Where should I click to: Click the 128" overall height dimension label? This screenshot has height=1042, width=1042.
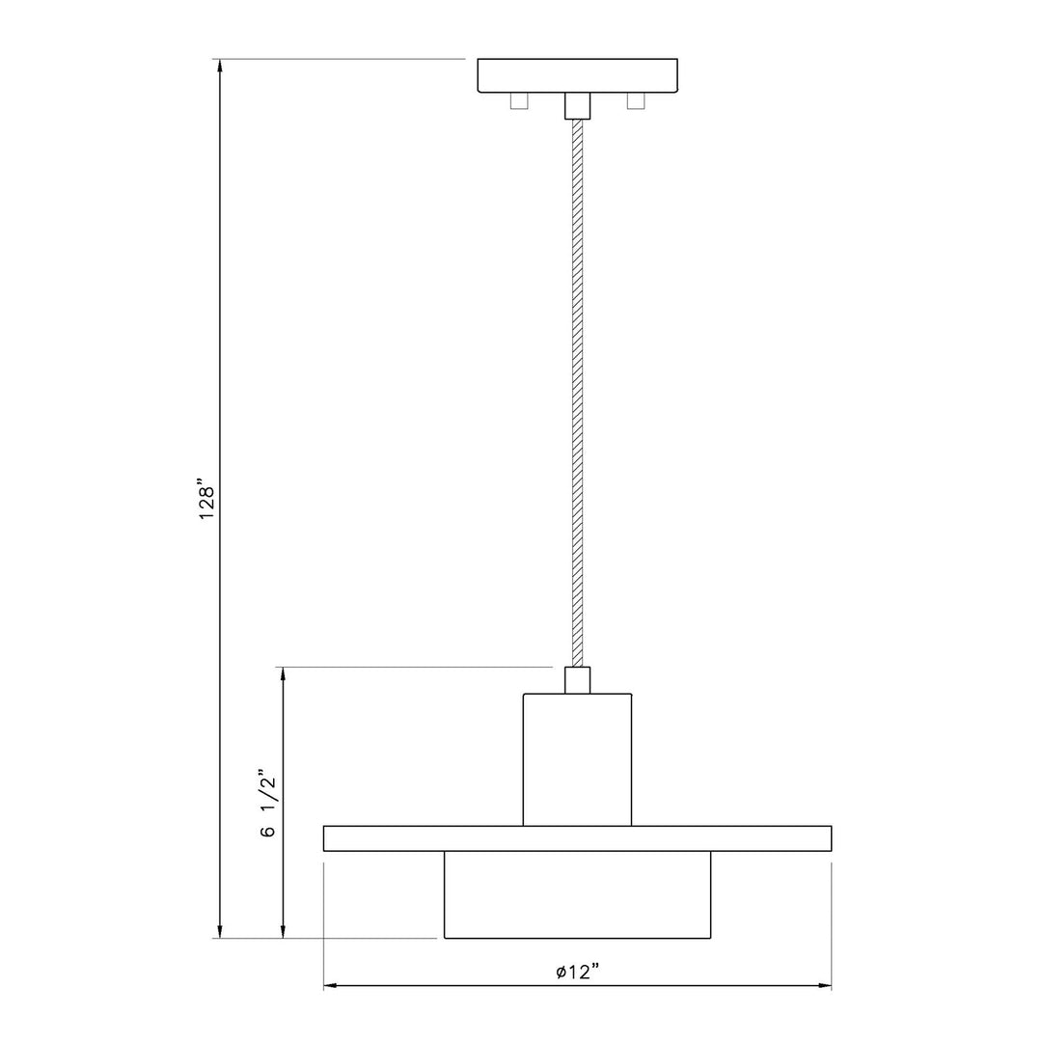(207, 499)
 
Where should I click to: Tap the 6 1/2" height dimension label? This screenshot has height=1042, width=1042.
(267, 804)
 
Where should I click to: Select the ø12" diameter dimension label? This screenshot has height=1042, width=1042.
(578, 973)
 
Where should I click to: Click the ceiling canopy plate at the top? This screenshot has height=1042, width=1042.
(578, 75)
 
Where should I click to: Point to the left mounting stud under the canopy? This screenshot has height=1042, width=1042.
(519, 101)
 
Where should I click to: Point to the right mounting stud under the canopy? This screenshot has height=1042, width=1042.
(636, 101)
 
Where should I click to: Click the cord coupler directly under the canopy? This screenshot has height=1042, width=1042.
(578, 106)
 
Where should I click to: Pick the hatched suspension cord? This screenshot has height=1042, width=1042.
(578, 394)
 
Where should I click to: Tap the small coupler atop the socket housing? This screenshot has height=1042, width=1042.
(578, 680)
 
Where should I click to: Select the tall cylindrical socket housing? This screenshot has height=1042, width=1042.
(578, 759)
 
